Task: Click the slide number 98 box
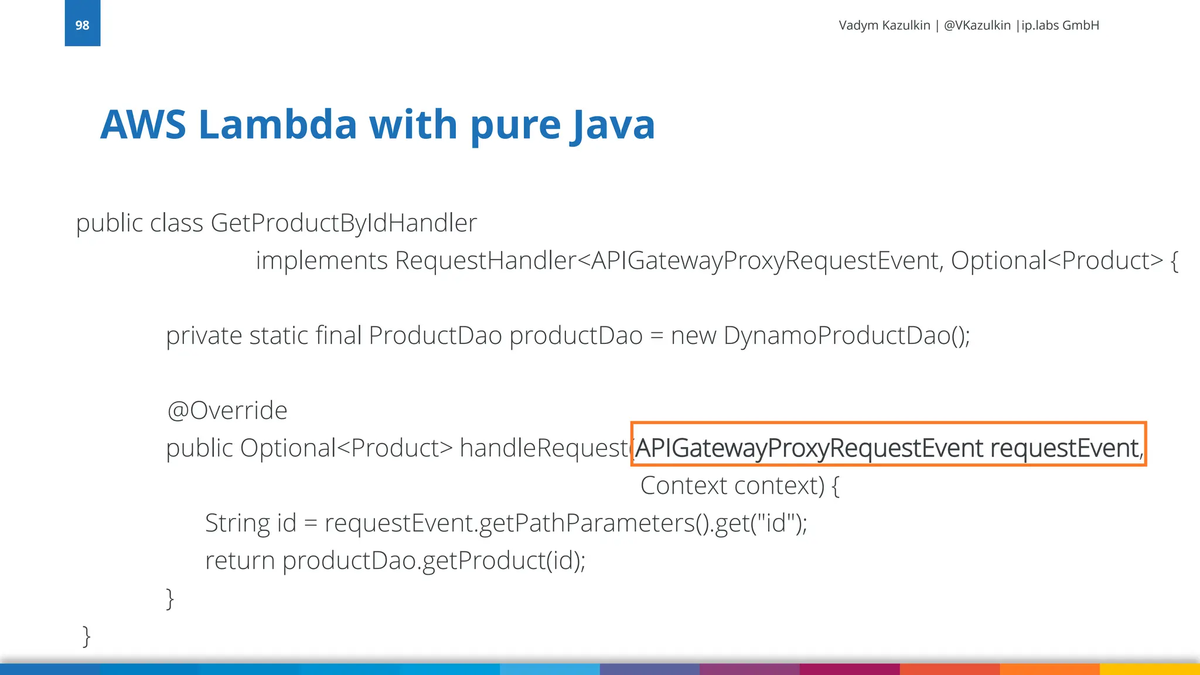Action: click(x=82, y=23)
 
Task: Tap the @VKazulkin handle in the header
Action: click(x=977, y=25)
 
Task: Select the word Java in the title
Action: click(x=613, y=125)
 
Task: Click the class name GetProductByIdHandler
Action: click(x=343, y=223)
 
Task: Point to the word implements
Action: click(x=322, y=261)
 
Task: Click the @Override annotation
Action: click(x=227, y=410)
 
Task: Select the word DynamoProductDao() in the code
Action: click(x=846, y=336)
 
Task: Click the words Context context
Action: click(x=732, y=486)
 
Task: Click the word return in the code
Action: click(x=240, y=561)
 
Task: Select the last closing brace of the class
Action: click(x=86, y=636)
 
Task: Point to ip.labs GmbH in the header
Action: click(x=1060, y=25)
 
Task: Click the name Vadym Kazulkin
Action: click(x=884, y=25)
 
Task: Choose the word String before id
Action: click(x=237, y=523)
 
